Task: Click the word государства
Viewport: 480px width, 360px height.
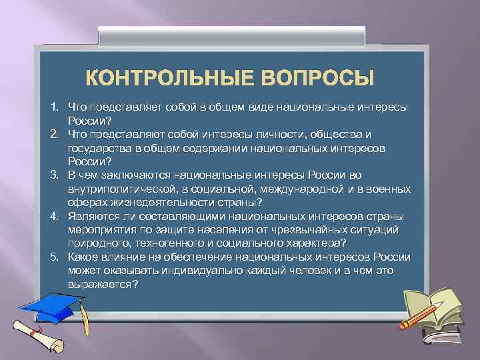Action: coord(95,147)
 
